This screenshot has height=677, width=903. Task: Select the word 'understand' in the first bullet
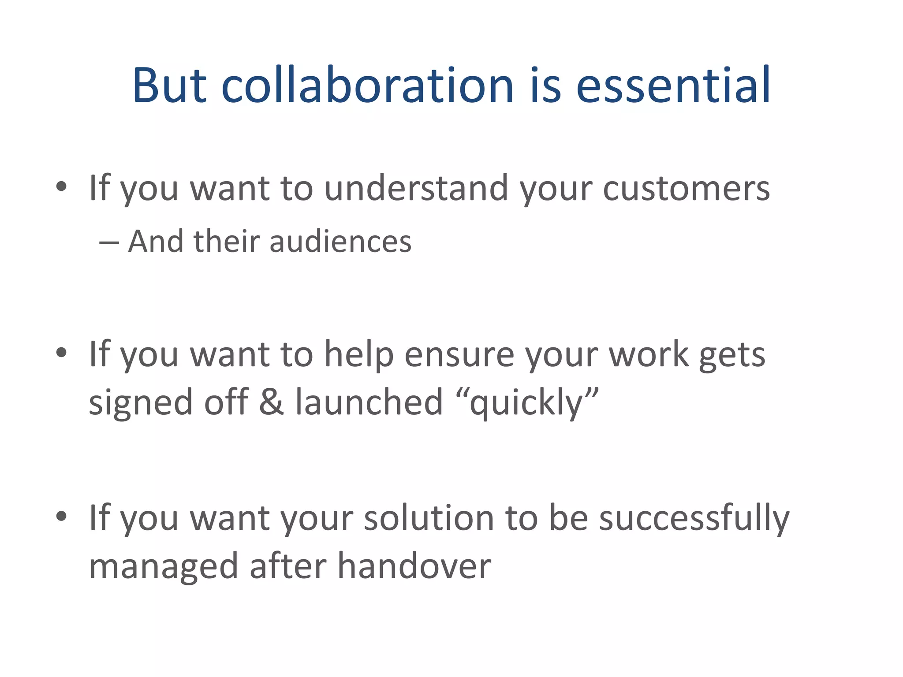[x=416, y=188]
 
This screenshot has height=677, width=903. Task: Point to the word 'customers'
[x=686, y=189]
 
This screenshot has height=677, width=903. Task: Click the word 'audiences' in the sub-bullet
[x=340, y=242]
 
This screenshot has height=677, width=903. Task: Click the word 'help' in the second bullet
[x=359, y=354]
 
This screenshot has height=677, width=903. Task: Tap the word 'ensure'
[x=459, y=355]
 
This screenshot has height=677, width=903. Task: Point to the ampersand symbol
[x=271, y=402]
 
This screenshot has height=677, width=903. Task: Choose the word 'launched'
[x=369, y=402]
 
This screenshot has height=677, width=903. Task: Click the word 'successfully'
[x=694, y=518]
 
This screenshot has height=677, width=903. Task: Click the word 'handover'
[x=414, y=566]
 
